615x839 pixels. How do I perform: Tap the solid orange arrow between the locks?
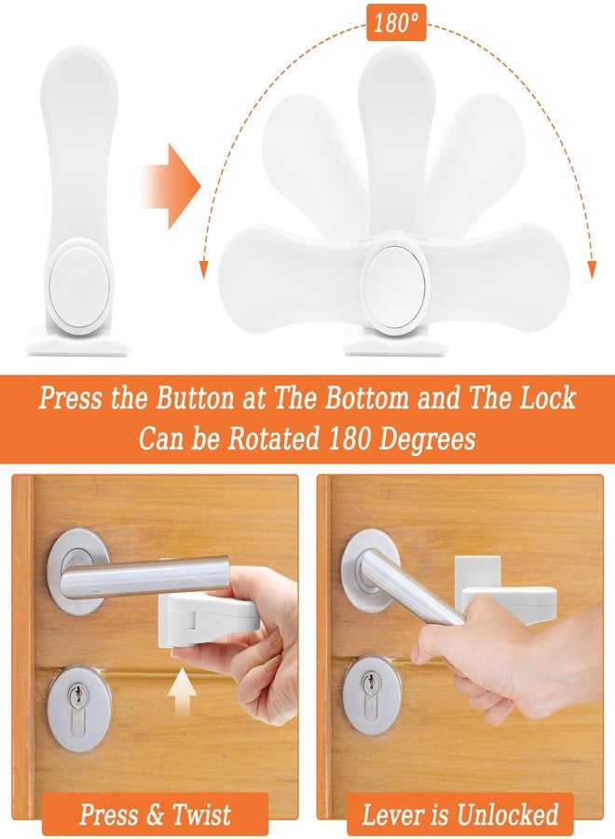(171, 186)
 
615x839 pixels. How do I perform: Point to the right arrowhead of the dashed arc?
(590, 270)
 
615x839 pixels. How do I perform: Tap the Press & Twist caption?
(155, 814)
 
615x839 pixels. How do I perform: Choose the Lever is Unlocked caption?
(460, 815)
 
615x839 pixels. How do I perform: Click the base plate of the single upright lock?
(78, 348)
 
